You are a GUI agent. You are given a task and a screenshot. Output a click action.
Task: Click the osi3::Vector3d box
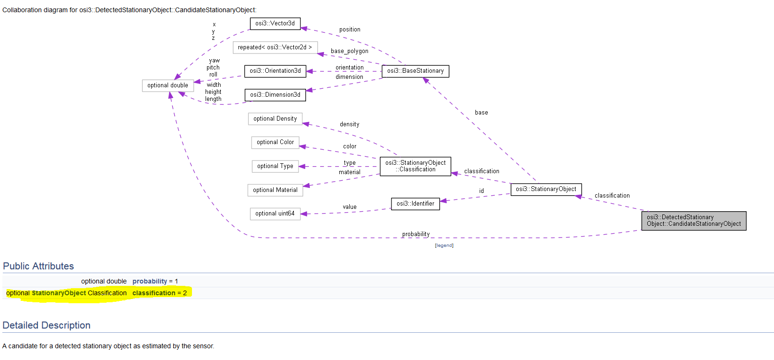(275, 23)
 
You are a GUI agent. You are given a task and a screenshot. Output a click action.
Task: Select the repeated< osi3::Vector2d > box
(275, 47)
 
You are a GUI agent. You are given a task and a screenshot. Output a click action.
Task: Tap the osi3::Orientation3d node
(275, 71)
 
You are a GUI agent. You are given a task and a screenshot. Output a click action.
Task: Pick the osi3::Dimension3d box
(275, 95)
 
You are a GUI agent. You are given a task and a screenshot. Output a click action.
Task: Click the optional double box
(168, 85)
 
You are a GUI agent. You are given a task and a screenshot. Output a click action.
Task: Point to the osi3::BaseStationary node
(415, 71)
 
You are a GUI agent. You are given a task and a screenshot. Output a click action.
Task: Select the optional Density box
(275, 119)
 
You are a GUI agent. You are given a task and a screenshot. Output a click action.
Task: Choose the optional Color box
(275, 142)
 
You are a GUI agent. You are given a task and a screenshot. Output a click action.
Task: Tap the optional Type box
(275, 166)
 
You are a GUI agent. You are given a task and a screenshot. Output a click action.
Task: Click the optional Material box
(275, 190)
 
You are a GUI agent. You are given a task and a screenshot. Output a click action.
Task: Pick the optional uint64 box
(275, 214)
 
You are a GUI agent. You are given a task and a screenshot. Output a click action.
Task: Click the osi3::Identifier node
(415, 204)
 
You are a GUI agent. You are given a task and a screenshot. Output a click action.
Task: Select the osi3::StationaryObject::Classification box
(415, 166)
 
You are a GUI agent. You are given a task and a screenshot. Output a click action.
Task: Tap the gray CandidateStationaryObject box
(694, 221)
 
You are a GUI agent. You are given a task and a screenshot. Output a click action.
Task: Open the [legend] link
(444, 245)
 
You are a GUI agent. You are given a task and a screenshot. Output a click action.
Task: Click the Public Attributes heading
(38, 266)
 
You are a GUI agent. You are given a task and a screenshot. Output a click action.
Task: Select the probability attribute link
(150, 281)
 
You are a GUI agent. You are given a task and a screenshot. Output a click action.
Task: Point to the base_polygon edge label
(349, 51)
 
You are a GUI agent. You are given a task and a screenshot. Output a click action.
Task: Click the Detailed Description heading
(46, 325)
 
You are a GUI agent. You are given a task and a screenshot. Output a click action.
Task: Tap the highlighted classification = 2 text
(159, 293)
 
